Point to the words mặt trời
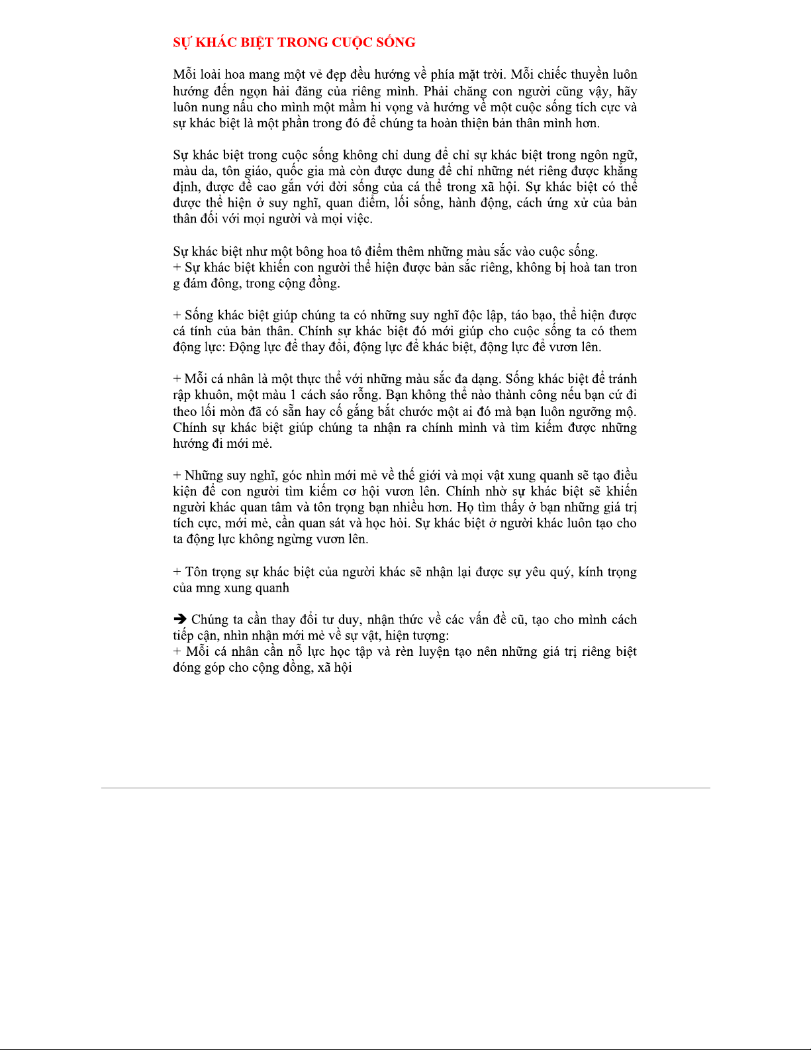tap(479, 75)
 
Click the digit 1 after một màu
tap(293, 395)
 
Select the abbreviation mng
tap(207, 588)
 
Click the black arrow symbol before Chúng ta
tap(179, 620)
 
